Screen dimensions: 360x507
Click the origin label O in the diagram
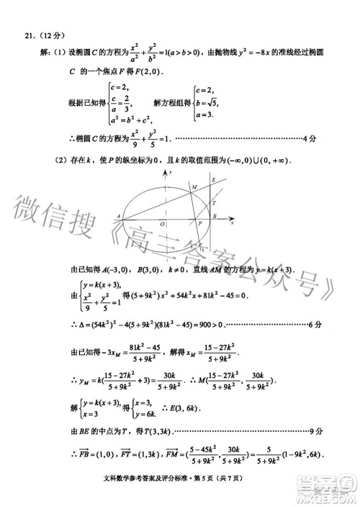click(162, 225)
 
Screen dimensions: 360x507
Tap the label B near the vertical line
click(215, 216)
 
